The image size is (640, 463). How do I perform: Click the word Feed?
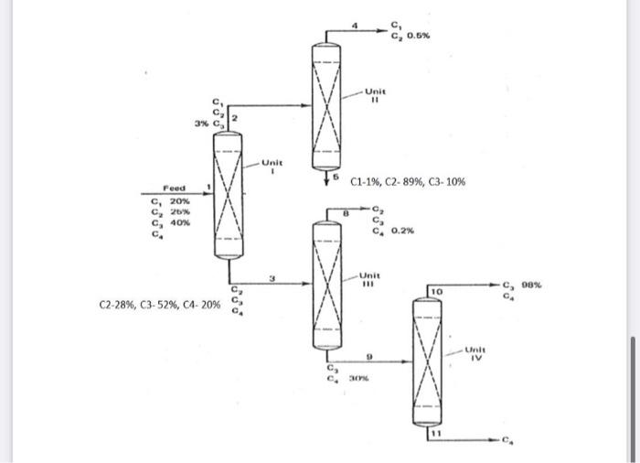click(175, 186)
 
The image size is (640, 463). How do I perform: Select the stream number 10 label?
click(437, 290)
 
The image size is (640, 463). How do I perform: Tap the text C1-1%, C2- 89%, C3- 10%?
click(408, 182)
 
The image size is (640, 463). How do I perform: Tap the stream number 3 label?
click(272, 276)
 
